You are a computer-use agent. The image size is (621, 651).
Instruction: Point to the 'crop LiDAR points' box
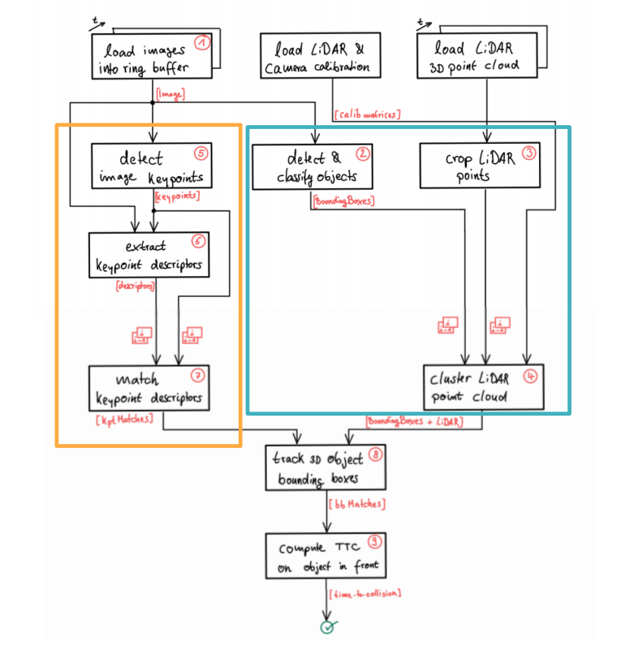(x=480, y=166)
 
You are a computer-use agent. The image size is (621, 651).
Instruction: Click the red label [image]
(x=170, y=95)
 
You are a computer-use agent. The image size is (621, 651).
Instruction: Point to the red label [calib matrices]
(x=366, y=114)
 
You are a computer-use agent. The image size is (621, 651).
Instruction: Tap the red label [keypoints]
(x=177, y=196)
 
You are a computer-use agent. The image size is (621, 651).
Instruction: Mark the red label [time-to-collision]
(x=364, y=593)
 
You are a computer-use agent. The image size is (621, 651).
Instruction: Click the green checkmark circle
(x=327, y=627)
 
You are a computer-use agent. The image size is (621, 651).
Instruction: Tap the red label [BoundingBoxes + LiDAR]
(x=414, y=421)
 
